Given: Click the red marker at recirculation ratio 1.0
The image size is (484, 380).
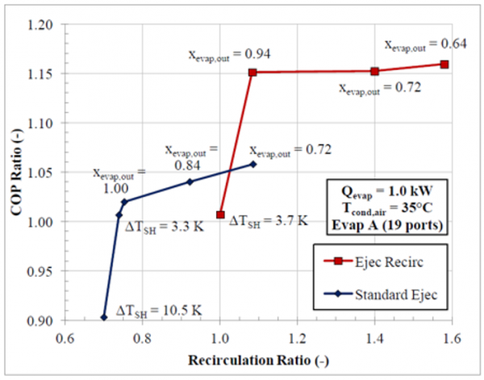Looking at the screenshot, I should coord(220,215).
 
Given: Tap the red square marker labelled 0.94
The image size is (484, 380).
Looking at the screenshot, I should coord(252,73).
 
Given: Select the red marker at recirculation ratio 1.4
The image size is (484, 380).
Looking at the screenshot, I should coord(374,71).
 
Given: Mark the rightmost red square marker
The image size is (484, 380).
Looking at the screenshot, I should coord(444,64).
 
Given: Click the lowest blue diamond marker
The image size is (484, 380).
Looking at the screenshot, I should coord(104,317).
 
